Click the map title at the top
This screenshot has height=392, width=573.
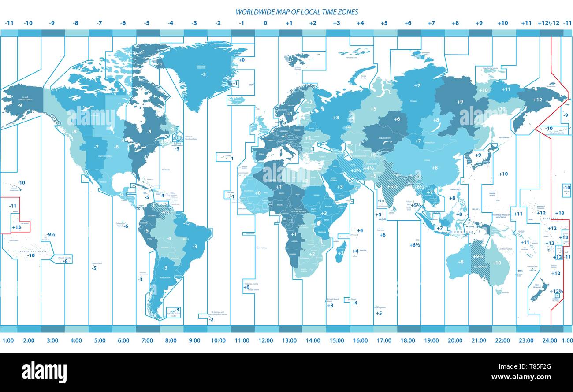click(x=296, y=12)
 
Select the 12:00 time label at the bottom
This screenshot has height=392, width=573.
click(x=265, y=340)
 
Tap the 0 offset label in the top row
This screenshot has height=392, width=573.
click(x=265, y=23)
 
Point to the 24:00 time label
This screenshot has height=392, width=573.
click(x=549, y=340)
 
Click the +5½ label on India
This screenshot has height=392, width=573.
click(x=392, y=186)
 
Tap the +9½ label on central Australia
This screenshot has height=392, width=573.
click(x=478, y=257)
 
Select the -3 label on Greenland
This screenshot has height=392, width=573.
click(x=203, y=75)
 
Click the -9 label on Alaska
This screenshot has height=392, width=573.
click(x=19, y=105)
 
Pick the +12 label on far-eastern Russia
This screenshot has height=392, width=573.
click(x=537, y=100)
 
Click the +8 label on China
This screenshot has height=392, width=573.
click(x=435, y=168)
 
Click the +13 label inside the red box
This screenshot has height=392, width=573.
click(x=16, y=227)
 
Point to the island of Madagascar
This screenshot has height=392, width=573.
click(x=341, y=252)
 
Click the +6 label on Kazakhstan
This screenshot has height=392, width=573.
click(x=397, y=119)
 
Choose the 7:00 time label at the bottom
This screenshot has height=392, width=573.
click(x=147, y=340)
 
